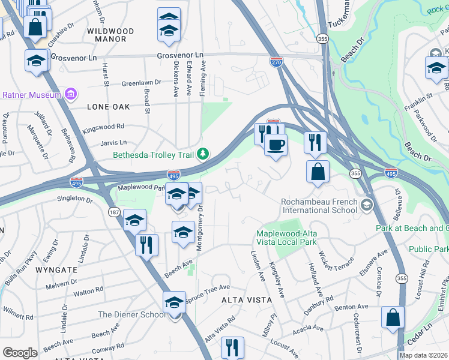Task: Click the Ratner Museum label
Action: tap(32, 95)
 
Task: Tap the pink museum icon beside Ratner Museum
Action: tap(71, 94)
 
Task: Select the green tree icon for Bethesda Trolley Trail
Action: tap(203, 155)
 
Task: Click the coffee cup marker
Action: tap(276, 145)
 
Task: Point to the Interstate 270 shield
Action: tap(275, 61)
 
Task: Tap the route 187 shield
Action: tap(113, 212)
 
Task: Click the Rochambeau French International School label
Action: tap(318, 206)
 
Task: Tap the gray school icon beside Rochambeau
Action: tap(365, 206)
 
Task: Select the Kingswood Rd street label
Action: tap(103, 127)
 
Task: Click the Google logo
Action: tap(20, 353)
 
